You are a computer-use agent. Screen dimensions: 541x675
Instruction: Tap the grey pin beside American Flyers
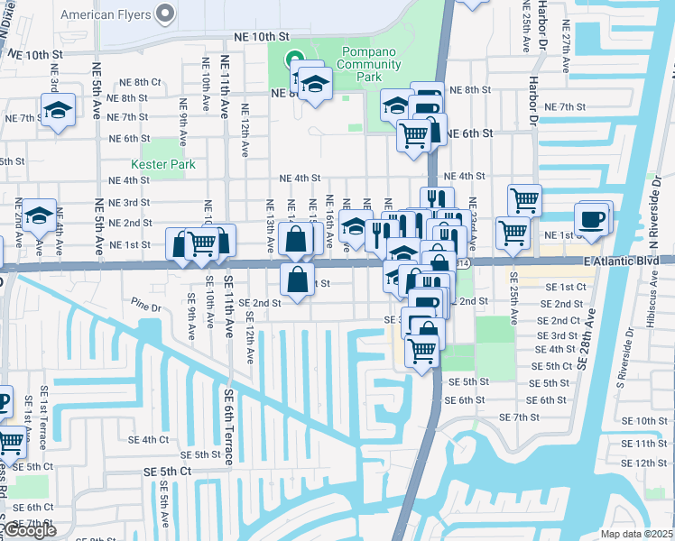tap(164, 14)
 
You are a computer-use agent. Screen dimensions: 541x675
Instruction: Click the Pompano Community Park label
tap(367, 71)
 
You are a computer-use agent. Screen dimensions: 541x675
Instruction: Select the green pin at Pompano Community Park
tap(294, 61)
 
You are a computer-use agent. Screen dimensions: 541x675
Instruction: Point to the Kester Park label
tap(162, 165)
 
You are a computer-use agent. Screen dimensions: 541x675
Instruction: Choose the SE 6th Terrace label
tap(230, 423)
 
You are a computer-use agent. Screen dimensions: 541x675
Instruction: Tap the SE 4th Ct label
tap(149, 440)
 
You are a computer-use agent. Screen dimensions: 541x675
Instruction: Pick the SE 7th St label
tap(519, 417)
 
